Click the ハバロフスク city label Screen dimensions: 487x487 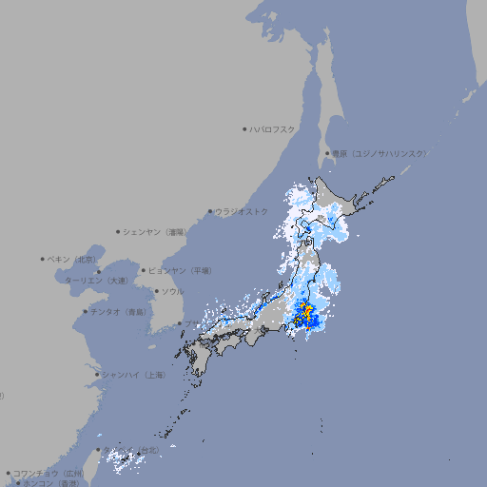(274, 128)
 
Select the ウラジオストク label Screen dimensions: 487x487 (242, 211)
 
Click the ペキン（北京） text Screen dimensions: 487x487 (73, 259)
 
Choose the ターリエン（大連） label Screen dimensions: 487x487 (96, 281)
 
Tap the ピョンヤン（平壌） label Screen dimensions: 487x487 (181, 271)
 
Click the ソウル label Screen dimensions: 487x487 (172, 291)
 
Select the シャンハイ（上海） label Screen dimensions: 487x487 (134, 375)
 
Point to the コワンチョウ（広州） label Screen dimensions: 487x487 (49, 473)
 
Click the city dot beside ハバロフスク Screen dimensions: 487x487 (244, 128)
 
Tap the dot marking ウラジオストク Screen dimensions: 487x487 (210, 211)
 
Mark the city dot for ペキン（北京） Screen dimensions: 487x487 (43, 259)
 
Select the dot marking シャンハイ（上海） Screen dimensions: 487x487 (97, 375)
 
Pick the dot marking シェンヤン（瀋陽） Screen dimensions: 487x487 (119, 231)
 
